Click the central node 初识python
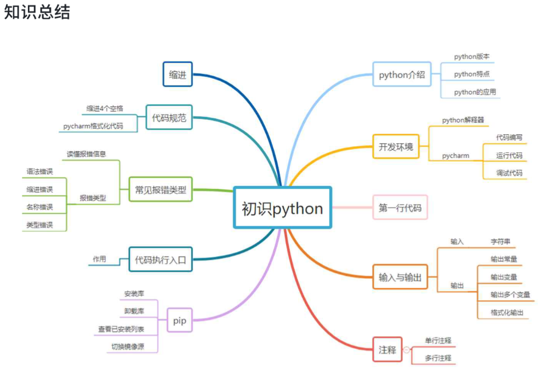pyautogui.click(x=282, y=208)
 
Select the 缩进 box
pyautogui.click(x=178, y=74)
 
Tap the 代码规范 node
pyautogui.click(x=169, y=118)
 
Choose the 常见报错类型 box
pyautogui.click(x=160, y=189)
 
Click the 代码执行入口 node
pyautogui.click(x=160, y=260)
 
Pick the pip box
pyautogui.click(x=180, y=320)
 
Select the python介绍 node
pyautogui.click(x=402, y=74)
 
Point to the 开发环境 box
pyautogui.click(x=396, y=146)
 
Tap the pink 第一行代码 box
pyautogui.click(x=400, y=207)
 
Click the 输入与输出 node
pyautogui.click(x=400, y=277)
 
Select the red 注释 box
pyautogui.click(x=387, y=349)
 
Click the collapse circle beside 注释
pyautogui.click(x=406, y=350)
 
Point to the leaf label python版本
pyautogui.click(x=472, y=57)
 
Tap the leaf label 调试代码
pyautogui.click(x=509, y=173)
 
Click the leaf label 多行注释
pyautogui.click(x=438, y=358)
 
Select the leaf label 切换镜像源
pyautogui.click(x=128, y=347)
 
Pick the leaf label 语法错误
pyautogui.click(x=39, y=171)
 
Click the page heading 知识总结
pyautogui.click(x=37, y=13)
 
